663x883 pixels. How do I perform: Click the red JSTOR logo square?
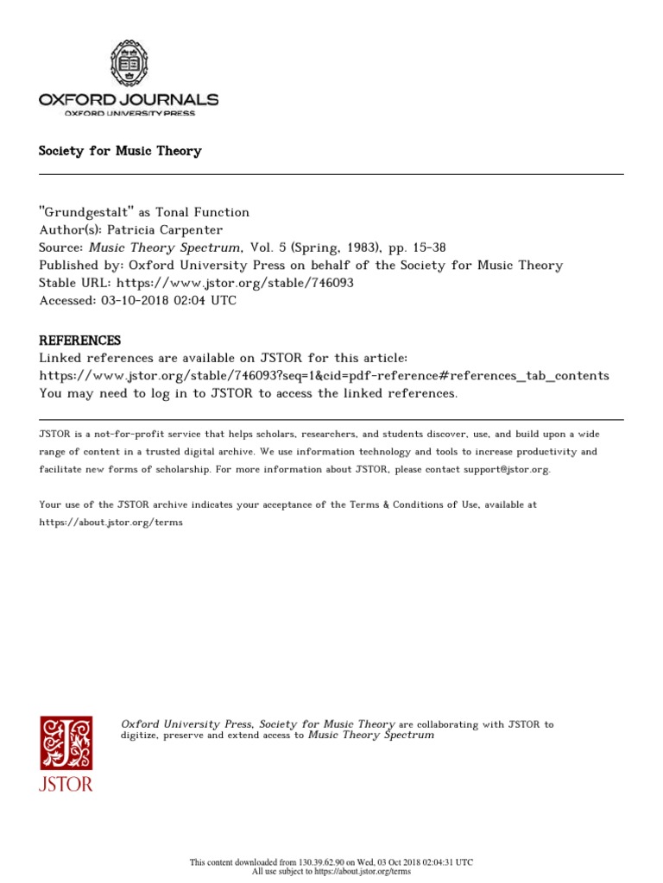click(66, 742)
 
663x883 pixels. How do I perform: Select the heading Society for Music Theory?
click(120, 151)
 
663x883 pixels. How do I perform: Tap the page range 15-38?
click(427, 248)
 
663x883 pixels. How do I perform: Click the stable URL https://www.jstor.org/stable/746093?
click(235, 283)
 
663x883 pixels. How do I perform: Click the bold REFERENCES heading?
click(79, 340)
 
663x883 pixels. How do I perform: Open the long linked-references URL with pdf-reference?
click(324, 376)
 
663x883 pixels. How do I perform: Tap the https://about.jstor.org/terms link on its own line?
click(110, 523)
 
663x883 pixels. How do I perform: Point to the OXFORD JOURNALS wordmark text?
click(129, 100)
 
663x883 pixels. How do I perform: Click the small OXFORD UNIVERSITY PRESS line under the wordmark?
click(129, 114)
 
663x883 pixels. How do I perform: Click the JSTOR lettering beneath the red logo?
click(66, 785)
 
